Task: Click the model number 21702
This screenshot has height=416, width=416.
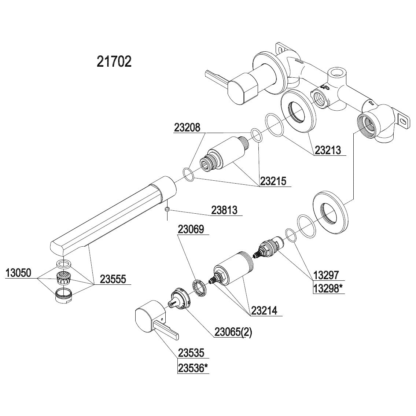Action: [x=114, y=62]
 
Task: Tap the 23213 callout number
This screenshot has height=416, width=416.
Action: [x=327, y=150]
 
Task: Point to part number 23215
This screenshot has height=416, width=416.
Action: [x=273, y=181]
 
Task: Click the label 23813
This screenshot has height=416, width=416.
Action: [x=224, y=210]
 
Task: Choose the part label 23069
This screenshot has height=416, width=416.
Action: [x=191, y=229]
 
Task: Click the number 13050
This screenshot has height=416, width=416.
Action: [x=18, y=273]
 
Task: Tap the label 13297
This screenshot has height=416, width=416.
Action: [x=326, y=275]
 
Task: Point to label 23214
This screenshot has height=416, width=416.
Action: [x=264, y=310]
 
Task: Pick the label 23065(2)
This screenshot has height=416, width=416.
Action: [x=233, y=332]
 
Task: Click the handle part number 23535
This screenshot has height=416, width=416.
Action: [x=191, y=353]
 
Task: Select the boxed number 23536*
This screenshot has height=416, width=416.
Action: [x=193, y=368]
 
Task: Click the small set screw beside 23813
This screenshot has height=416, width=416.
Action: [x=167, y=210]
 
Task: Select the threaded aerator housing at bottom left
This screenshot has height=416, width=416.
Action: [x=63, y=294]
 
